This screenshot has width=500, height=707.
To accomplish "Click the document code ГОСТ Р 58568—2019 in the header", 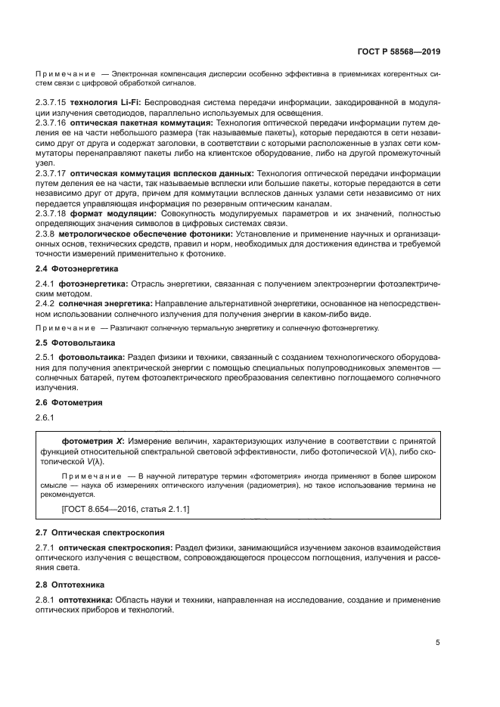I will point(399,52).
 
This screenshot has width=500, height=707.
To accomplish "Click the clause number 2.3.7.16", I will point(51,121).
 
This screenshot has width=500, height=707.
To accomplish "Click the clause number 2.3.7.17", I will point(51,173).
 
